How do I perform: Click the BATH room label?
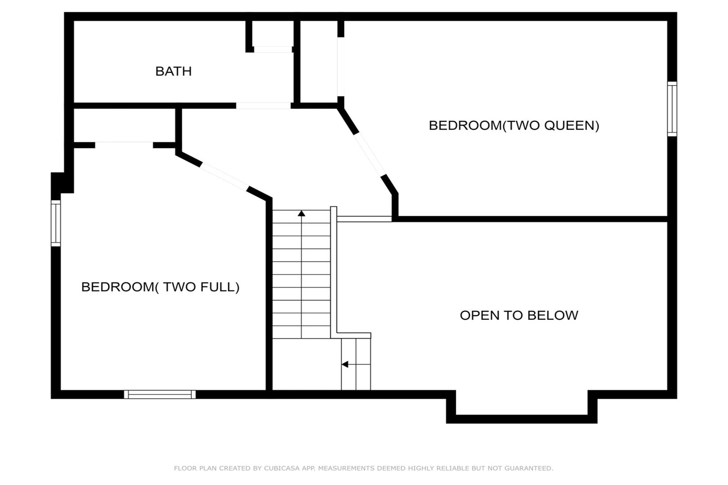coord(173,71)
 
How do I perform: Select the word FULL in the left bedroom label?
coord(220,287)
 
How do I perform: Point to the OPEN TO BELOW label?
coord(519,315)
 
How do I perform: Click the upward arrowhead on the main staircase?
coord(302,213)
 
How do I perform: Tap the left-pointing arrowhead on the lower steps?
coord(345,364)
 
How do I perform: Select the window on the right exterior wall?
coord(672,109)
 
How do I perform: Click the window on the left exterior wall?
coord(56,223)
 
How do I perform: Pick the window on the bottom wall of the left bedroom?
coord(160,394)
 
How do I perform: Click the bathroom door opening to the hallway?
coord(263,106)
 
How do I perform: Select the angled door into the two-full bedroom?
coord(224,177)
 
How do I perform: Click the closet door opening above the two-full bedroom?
coord(124,145)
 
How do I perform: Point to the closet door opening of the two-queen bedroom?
coord(340,66)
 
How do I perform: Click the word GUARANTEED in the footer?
coord(529,468)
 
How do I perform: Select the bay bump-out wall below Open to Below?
coord(521,419)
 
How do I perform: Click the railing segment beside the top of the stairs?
coord(364,219)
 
